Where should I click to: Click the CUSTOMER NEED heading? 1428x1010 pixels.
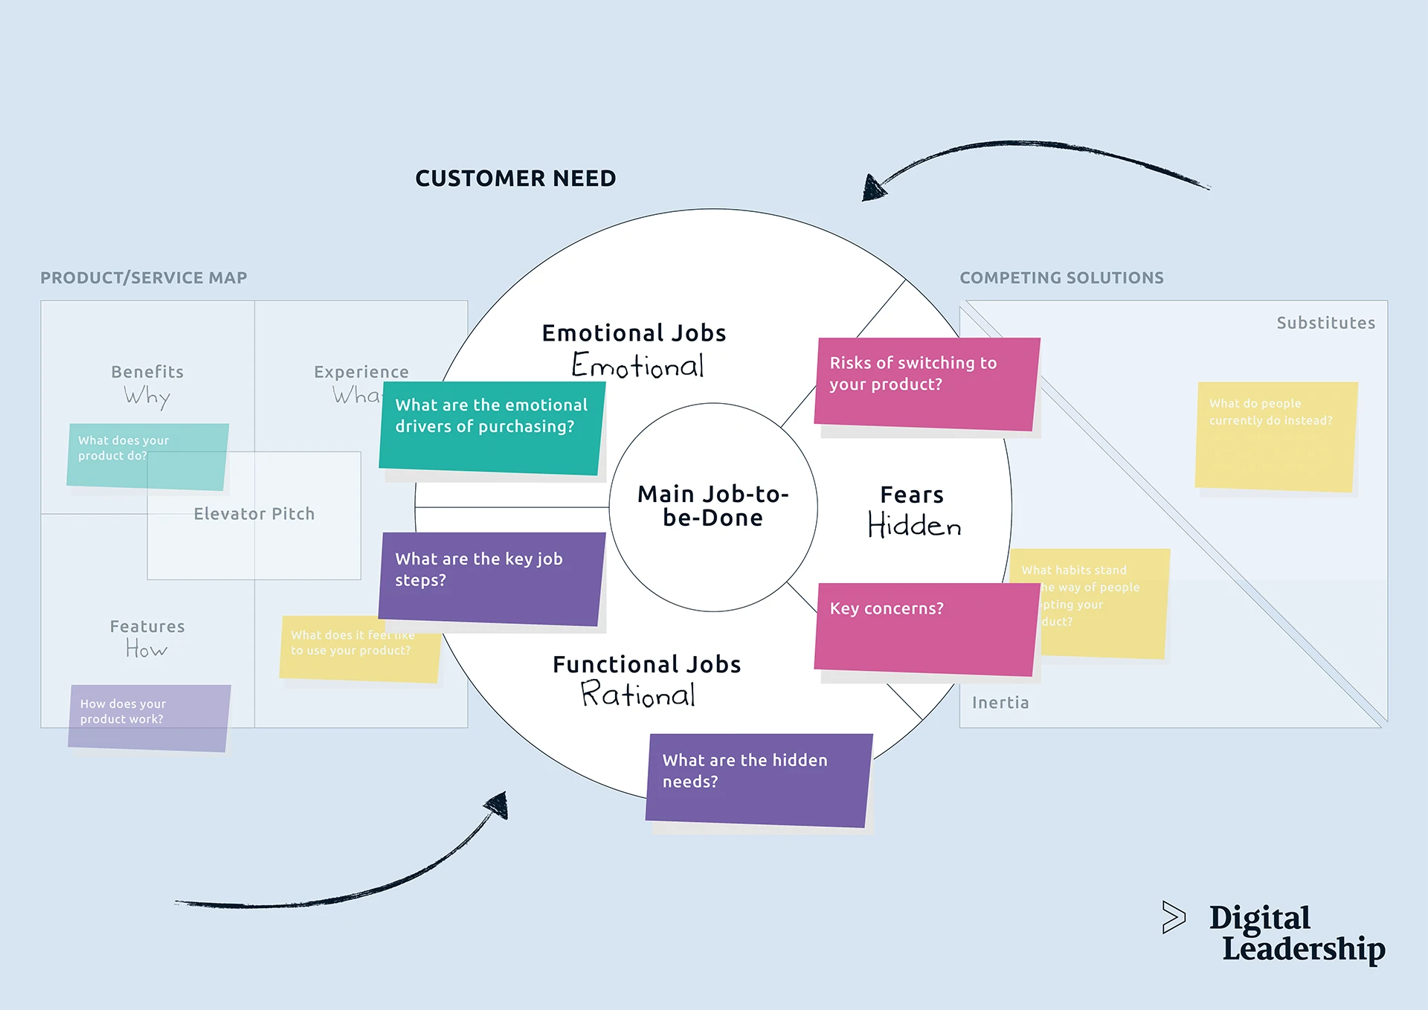[515, 178]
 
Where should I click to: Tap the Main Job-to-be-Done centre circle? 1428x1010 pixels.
[713, 506]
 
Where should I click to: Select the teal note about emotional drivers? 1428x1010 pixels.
[492, 428]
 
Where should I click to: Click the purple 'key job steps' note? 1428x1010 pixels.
[492, 578]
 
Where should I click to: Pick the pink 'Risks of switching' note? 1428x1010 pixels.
[926, 384]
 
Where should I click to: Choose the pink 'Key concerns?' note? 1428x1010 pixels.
[926, 629]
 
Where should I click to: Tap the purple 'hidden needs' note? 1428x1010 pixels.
[759, 779]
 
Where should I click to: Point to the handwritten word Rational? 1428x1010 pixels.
[638, 694]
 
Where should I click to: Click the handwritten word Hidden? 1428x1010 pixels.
[914, 525]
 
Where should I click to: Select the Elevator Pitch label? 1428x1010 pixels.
[254, 514]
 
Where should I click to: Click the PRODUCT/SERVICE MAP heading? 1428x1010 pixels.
[144, 278]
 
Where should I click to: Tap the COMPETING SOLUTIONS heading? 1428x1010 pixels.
[1061, 278]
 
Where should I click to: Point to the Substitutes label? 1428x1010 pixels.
[1325, 323]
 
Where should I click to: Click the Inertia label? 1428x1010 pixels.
[1000, 703]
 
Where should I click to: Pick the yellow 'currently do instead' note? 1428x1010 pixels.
[1276, 437]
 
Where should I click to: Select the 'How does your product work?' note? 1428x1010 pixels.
[149, 717]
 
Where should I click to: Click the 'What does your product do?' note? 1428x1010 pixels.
[147, 456]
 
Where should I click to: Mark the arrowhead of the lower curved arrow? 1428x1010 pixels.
[498, 805]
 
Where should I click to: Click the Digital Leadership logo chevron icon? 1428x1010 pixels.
[1174, 917]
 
